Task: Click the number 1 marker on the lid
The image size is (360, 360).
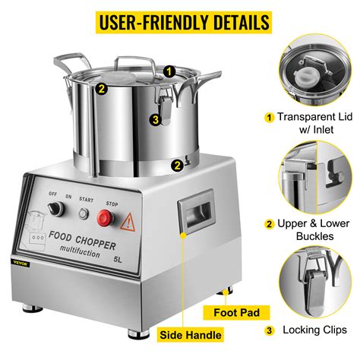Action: point(169,71)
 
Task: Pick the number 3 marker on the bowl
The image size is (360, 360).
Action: point(153,118)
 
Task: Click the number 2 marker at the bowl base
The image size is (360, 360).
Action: point(175,163)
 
